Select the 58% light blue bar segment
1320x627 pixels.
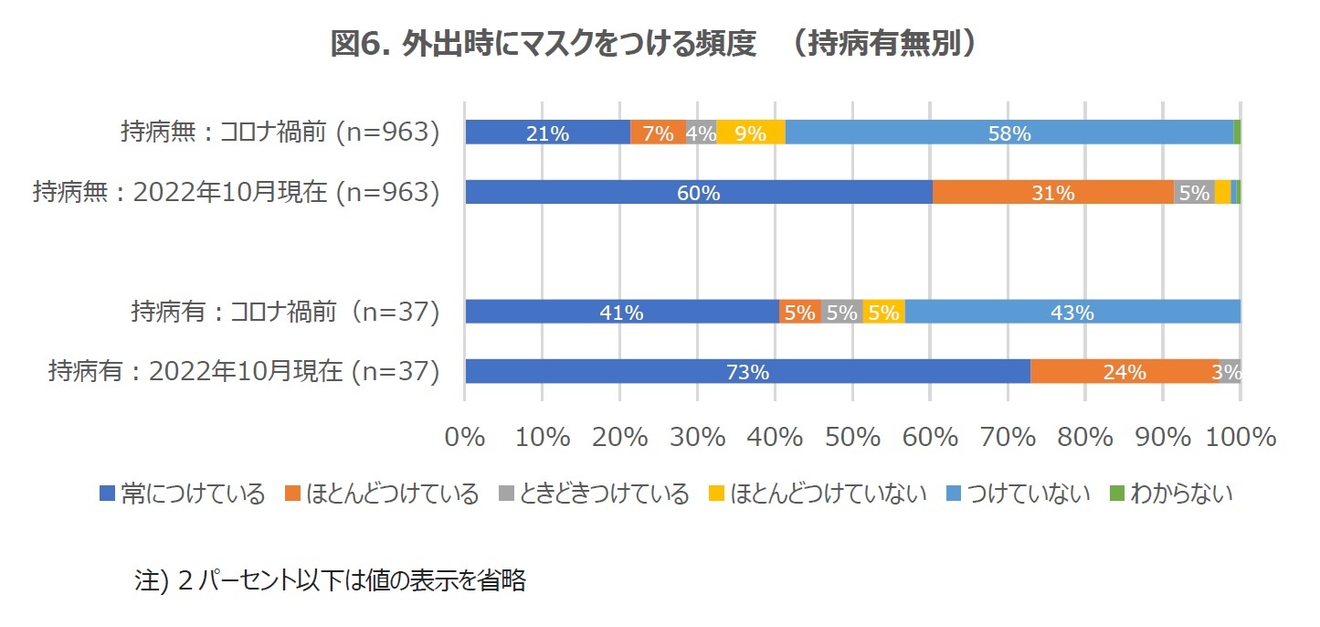tap(1008, 133)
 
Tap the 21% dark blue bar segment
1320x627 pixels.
tap(547, 133)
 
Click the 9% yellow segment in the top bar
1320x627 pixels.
tap(751, 133)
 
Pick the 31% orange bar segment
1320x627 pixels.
tap(1052, 192)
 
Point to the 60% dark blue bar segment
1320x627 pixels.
tap(699, 192)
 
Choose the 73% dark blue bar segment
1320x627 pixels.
tap(747, 371)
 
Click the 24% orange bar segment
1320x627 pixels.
tap(1125, 371)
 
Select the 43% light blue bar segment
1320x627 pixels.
tap(1072, 312)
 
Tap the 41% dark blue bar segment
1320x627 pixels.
tap(622, 312)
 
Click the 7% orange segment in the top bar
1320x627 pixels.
tap(658, 133)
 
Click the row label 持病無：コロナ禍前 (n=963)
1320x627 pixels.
tap(280, 133)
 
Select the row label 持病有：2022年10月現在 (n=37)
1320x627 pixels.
tap(244, 372)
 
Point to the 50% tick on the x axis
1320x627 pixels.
tap(851, 437)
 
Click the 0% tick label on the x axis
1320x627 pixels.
tap(465, 437)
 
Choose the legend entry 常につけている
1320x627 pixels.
tap(182, 494)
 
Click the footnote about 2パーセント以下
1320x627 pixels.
tap(330, 581)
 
